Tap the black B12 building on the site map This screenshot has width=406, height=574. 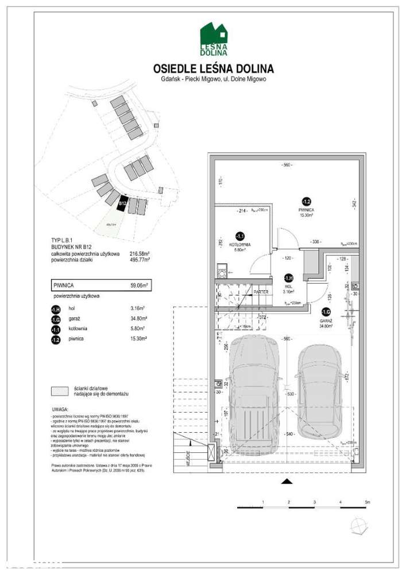[x=122, y=203]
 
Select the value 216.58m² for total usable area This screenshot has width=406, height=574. [x=140, y=253]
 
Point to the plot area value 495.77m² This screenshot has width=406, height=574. [x=140, y=259]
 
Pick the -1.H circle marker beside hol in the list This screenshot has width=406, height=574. [x=56, y=308]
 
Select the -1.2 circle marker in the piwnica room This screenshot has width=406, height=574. [x=307, y=201]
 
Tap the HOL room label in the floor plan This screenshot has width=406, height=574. [x=289, y=285]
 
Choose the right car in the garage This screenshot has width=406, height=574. [x=319, y=390]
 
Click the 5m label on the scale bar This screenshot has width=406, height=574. [x=368, y=502]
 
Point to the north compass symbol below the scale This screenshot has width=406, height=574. [x=360, y=525]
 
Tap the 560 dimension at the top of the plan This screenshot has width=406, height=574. [x=287, y=165]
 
